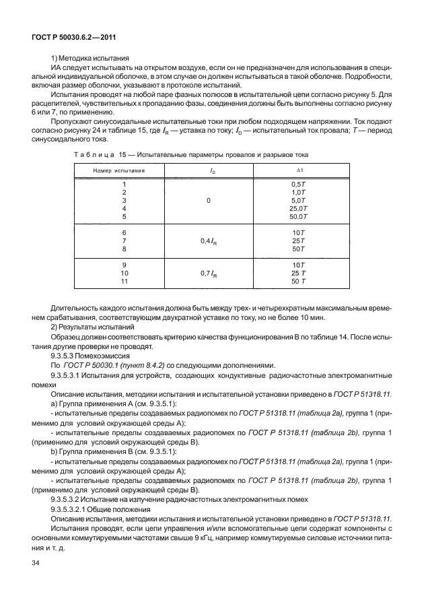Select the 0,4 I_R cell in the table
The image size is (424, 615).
click(209, 240)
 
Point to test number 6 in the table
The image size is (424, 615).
click(123, 232)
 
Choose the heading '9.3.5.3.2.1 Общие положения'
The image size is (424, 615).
click(108, 510)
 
